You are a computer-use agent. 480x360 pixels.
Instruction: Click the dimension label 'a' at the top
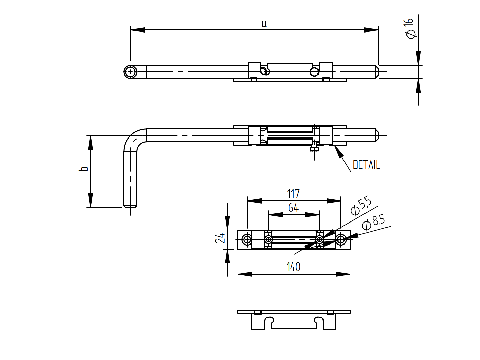click(x=264, y=24)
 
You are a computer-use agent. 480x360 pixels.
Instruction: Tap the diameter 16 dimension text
click(x=410, y=28)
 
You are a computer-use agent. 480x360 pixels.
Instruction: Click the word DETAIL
click(x=366, y=165)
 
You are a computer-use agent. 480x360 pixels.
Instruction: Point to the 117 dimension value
click(x=293, y=194)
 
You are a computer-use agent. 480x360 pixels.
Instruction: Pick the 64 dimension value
click(x=293, y=207)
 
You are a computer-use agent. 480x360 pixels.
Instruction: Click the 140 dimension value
click(x=293, y=267)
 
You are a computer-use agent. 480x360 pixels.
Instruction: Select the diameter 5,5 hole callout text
click(x=361, y=206)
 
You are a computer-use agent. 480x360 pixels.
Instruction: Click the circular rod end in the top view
click(x=130, y=72)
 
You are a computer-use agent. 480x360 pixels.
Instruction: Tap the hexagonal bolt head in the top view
click(x=314, y=72)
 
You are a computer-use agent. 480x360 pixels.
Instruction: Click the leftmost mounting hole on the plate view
click(x=247, y=240)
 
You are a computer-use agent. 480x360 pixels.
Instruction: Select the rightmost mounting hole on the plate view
click(x=341, y=240)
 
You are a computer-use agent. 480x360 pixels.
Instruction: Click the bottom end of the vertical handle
click(x=130, y=206)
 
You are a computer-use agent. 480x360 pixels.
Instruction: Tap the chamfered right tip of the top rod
click(x=376, y=72)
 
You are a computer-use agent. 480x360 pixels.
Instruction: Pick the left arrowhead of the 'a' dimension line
click(x=137, y=30)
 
